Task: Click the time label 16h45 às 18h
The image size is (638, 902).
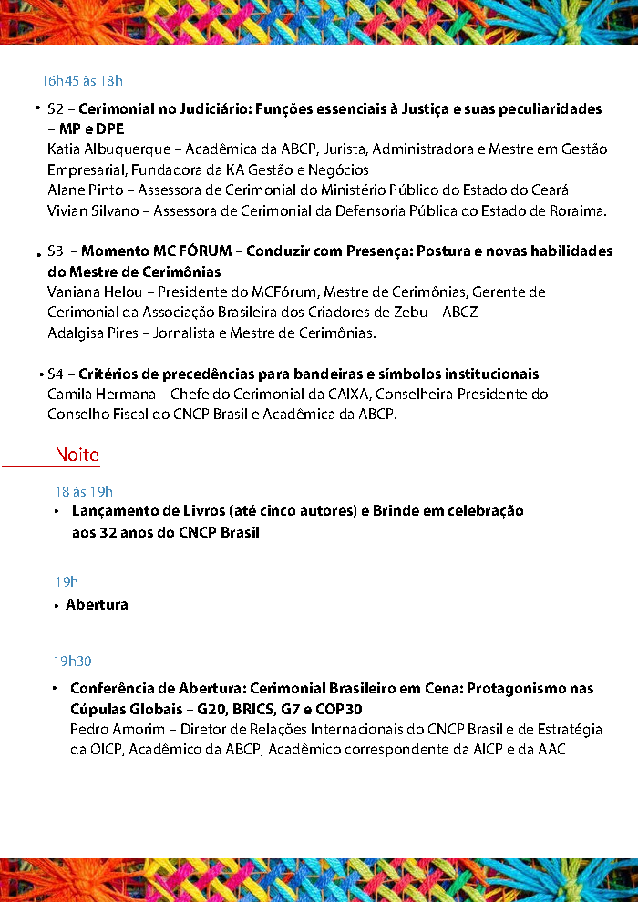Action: pos(81,80)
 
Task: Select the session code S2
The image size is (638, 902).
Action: pos(55,109)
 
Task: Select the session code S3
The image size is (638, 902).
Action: pos(56,251)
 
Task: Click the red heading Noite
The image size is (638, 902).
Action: pos(77,455)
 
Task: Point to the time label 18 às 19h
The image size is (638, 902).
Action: pos(84,492)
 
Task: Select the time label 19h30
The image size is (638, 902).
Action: pos(72,661)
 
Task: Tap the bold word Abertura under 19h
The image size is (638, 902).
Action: pos(97,605)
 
